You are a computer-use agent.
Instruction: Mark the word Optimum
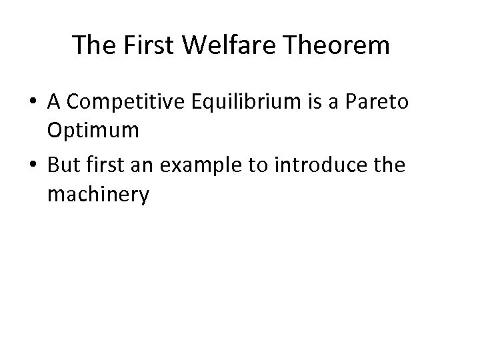tap(93, 131)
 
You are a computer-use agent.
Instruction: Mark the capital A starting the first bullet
tap(54, 105)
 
